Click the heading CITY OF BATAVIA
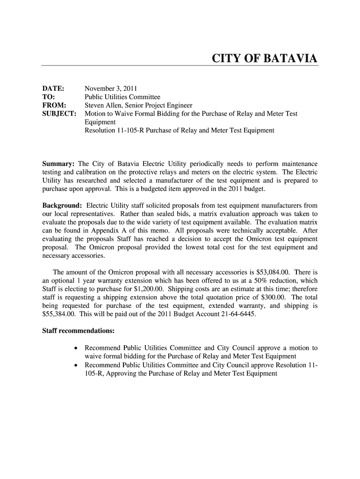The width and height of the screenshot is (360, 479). point(265,58)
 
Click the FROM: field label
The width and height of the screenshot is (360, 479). point(54,105)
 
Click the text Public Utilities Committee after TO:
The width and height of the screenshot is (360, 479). point(122,97)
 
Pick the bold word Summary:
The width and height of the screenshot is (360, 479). point(59,164)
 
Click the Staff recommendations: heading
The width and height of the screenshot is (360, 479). point(79,331)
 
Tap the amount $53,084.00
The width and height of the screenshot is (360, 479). point(274,272)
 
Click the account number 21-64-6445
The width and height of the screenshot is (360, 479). point(237,314)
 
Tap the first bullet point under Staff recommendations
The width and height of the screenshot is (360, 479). point(76,348)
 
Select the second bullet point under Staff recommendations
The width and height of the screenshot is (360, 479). point(76,365)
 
